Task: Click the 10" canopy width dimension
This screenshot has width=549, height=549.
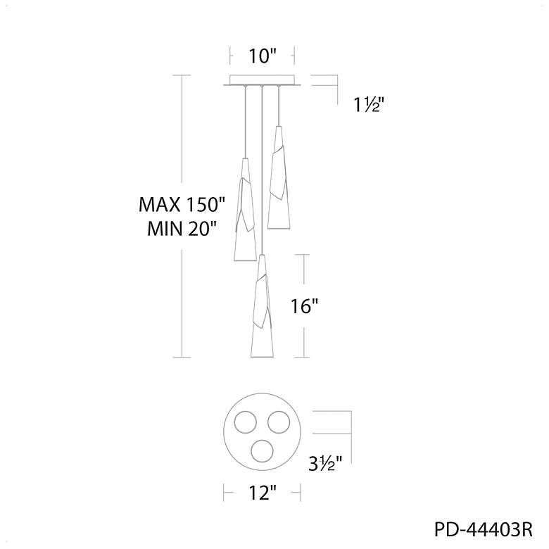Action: click(x=263, y=56)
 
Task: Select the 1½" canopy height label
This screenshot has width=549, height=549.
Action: click(x=369, y=105)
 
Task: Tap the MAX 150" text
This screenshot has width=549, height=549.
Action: click(x=182, y=205)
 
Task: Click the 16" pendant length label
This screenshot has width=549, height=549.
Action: click(x=304, y=306)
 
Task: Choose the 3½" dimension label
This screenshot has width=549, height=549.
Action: click(x=325, y=465)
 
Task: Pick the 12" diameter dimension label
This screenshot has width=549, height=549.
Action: click(x=263, y=493)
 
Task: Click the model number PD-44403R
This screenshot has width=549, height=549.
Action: click(x=484, y=529)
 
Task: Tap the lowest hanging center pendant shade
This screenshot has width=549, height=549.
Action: click(x=263, y=306)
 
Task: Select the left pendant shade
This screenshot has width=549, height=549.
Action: click(x=245, y=209)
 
